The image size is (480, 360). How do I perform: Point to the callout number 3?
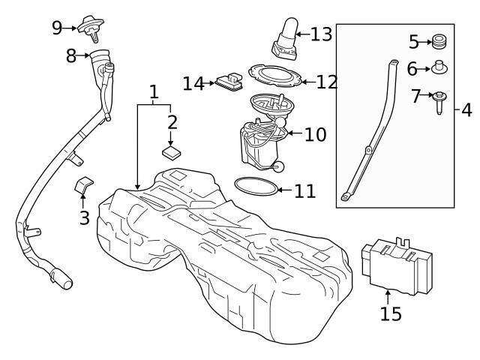84,218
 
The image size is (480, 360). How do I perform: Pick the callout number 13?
320,34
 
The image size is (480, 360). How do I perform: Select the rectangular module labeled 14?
231,82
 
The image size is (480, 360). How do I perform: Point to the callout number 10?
315,135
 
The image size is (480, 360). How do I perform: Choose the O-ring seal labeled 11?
255,184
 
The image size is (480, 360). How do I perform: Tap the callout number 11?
304,190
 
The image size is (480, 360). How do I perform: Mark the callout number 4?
466,111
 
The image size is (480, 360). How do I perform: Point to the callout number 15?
390,313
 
